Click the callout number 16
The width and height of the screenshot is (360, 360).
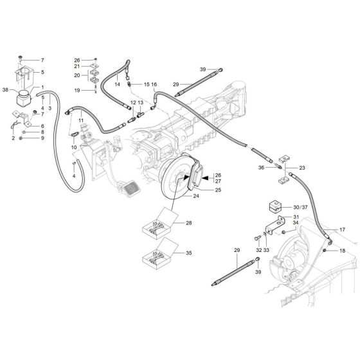154,84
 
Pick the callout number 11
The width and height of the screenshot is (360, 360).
81,121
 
